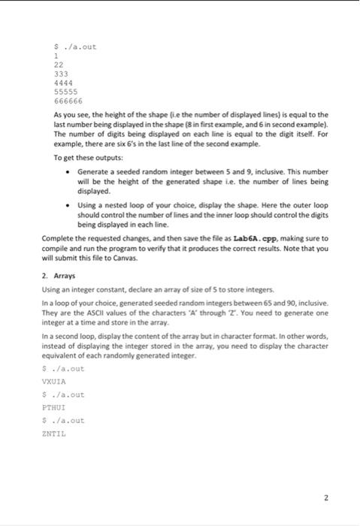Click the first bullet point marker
point(68,171)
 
